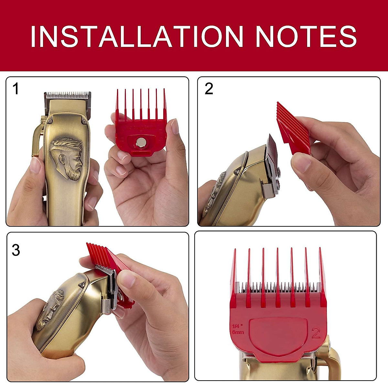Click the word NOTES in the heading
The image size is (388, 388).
click(306, 36)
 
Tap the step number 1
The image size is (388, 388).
click(16, 89)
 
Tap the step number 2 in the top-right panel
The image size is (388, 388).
click(209, 89)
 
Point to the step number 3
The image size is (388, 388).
click(16, 250)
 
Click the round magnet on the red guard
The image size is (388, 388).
click(141, 142)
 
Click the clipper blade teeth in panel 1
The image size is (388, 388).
click(67, 96)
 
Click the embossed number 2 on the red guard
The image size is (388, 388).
click(316, 333)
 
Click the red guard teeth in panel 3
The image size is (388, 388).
click(97, 252)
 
